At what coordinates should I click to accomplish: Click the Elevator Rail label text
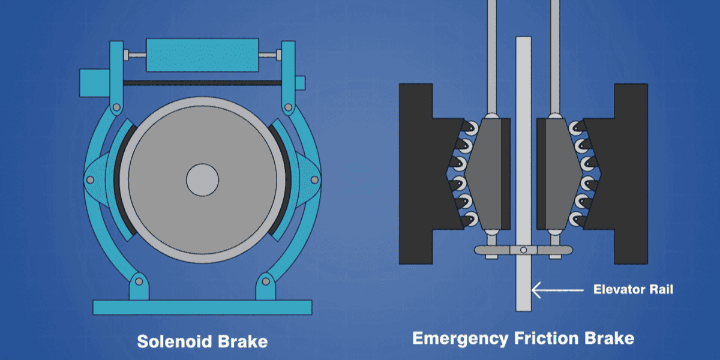[633, 290]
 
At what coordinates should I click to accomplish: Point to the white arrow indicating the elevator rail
[557, 290]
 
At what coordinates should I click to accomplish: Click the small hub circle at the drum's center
[203, 180]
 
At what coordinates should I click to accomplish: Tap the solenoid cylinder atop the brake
[203, 55]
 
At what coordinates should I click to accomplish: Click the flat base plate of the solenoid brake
[203, 308]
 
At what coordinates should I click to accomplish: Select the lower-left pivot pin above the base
[139, 281]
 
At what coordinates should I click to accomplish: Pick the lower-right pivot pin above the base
[266, 281]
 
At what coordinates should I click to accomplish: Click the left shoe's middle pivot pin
[91, 180]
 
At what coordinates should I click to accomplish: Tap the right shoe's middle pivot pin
[314, 180]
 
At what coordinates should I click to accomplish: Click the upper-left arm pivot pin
[116, 107]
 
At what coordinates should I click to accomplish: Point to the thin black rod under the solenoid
[203, 83]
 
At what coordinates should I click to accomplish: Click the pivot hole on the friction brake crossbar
[524, 250]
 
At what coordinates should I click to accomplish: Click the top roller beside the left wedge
[470, 128]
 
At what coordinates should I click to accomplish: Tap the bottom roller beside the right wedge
[577, 220]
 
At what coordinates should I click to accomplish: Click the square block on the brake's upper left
[95, 83]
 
